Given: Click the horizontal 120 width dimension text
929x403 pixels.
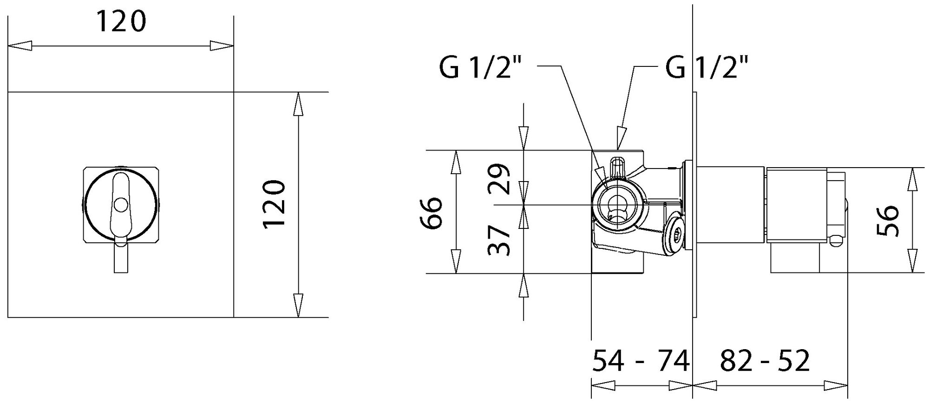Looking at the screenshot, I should (x=121, y=21).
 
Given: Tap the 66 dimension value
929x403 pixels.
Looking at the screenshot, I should (x=432, y=213).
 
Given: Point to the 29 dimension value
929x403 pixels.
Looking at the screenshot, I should (x=500, y=179).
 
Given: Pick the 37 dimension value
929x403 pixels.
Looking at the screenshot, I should (x=500, y=240).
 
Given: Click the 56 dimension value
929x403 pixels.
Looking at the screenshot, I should (x=888, y=221).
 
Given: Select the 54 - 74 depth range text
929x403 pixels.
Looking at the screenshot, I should (x=641, y=361).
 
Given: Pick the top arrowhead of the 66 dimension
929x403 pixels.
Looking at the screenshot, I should (x=456, y=162).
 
